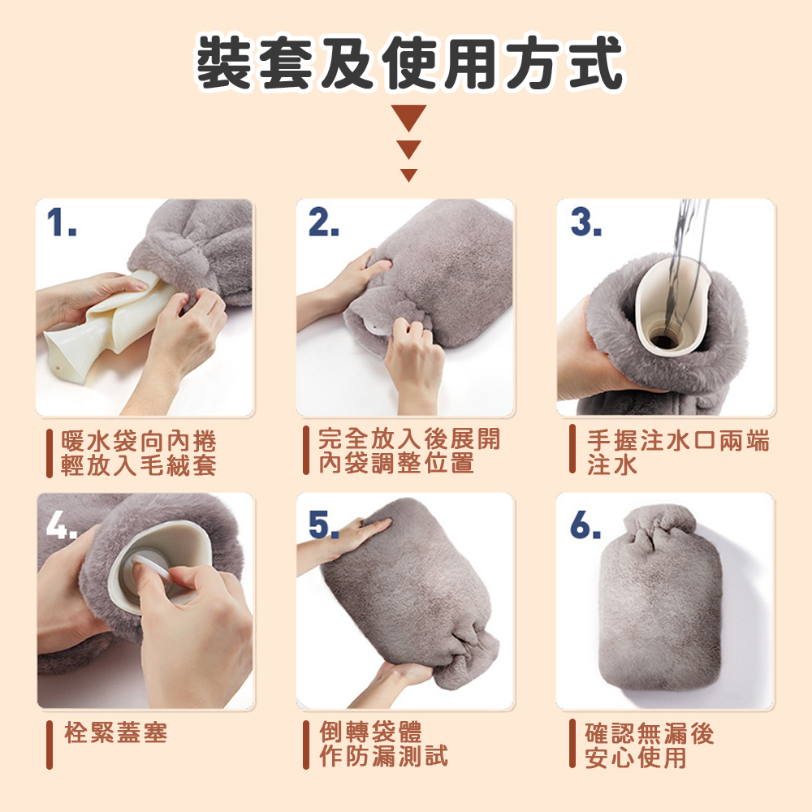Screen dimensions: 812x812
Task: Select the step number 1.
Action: [x=61, y=222]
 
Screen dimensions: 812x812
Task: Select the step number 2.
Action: [x=324, y=222]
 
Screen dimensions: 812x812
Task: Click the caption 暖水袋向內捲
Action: [x=140, y=443]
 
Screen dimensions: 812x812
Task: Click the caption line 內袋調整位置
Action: [x=395, y=464]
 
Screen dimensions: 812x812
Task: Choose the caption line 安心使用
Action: [x=636, y=757]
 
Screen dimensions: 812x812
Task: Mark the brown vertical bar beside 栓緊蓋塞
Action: [x=49, y=743]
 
